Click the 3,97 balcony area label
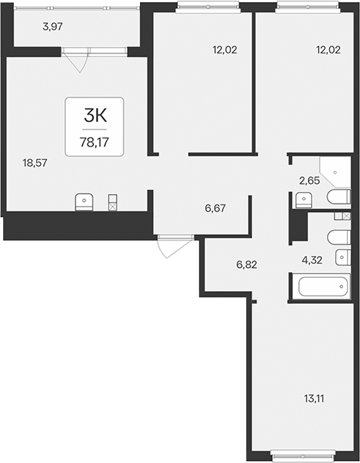pos(53,27)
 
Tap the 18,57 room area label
pos(35,163)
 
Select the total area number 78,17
pos(94,143)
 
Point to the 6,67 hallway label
pos(215,208)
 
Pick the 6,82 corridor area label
pos(247,264)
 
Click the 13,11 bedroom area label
pos(314,399)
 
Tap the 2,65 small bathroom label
pos(310,180)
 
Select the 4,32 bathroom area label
pos(312,260)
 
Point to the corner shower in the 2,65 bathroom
pos(336,172)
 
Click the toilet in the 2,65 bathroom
pos(339,197)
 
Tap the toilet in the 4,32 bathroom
pos(339,237)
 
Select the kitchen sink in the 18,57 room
pos(85,202)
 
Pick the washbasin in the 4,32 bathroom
pos(343,257)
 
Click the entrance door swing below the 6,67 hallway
pos(175,246)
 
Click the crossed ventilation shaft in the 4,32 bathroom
pos(346,216)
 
